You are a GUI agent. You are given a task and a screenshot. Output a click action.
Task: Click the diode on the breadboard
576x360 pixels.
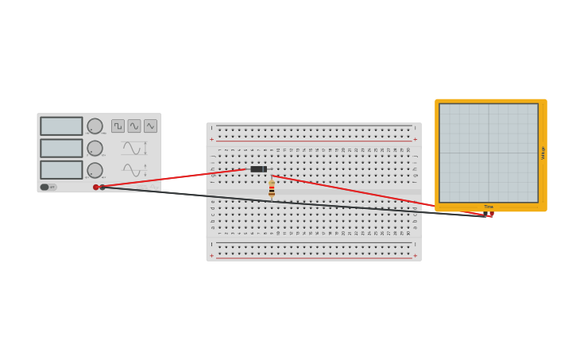pyautogui.click(x=258, y=169)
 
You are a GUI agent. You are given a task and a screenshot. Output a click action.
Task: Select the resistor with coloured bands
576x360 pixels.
pyautogui.click(x=272, y=188)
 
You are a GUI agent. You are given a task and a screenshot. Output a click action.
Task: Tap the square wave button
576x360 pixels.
pyautogui.click(x=118, y=126)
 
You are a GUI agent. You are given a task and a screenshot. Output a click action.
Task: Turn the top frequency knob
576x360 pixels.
pyautogui.click(x=95, y=126)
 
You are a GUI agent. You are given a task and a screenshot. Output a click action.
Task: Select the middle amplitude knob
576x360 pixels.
pyautogui.click(x=95, y=148)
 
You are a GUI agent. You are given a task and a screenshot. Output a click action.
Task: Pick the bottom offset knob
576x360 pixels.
pyautogui.click(x=95, y=169)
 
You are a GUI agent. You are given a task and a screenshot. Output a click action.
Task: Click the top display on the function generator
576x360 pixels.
pyautogui.click(x=61, y=126)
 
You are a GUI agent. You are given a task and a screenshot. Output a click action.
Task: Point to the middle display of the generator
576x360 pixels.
pyautogui.click(x=61, y=148)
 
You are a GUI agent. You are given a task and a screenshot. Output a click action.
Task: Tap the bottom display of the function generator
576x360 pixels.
pyautogui.click(x=61, y=169)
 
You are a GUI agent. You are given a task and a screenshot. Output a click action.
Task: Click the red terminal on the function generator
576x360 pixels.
pyautogui.click(x=96, y=188)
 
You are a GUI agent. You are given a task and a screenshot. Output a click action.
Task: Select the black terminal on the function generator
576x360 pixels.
pyautogui.click(x=102, y=188)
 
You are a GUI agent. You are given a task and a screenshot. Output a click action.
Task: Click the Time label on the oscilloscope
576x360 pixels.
pyautogui.click(x=489, y=207)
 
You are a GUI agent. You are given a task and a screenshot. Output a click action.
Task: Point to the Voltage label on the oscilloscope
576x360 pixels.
pyautogui.click(x=543, y=153)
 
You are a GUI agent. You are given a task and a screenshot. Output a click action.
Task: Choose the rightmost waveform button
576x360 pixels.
pyautogui.click(x=150, y=126)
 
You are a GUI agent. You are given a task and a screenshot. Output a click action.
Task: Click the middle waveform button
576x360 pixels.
pyautogui.click(x=134, y=126)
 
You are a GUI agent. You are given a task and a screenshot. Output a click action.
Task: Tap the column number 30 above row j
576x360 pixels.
pyautogui.click(x=408, y=149)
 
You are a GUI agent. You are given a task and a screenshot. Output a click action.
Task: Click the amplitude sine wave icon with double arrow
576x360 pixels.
pyautogui.click(x=133, y=148)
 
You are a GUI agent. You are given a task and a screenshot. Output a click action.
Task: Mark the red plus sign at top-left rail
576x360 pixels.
pyautogui.click(x=211, y=139)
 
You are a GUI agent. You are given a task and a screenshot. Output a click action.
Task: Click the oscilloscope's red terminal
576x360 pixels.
pyautogui.click(x=491, y=214)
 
